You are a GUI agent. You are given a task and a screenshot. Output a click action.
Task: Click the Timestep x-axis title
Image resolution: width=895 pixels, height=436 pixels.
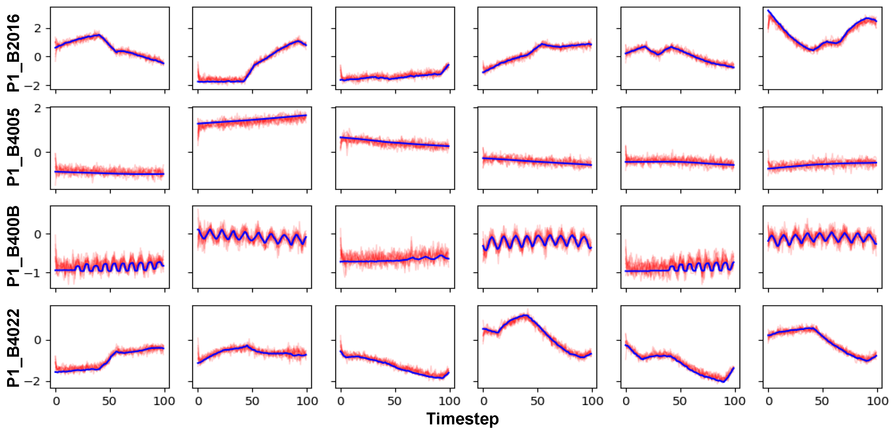point(462,419)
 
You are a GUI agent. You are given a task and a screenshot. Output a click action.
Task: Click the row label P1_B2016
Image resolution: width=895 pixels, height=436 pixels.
point(13,53)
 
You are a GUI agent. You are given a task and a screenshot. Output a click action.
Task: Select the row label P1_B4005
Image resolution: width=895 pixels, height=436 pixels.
point(13,147)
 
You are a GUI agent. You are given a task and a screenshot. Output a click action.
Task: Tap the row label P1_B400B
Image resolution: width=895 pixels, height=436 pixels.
point(13,246)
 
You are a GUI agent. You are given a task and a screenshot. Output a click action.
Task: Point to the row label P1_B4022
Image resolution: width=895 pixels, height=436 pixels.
point(13,348)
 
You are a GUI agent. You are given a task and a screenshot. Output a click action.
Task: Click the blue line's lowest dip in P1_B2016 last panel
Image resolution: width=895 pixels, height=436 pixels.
point(812,50)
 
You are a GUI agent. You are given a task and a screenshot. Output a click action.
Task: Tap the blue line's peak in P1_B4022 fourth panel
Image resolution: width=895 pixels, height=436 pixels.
point(525,315)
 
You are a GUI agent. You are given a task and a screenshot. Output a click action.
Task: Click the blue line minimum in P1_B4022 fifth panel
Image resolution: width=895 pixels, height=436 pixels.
point(724,381)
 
